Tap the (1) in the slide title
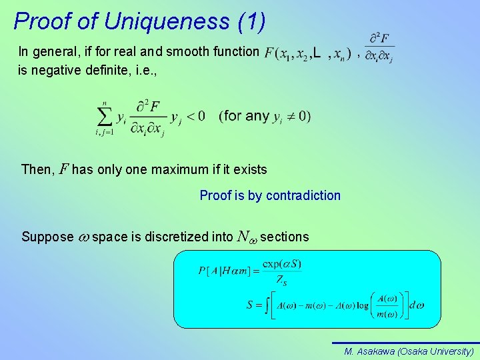click(x=250, y=21)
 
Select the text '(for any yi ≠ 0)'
click(x=265, y=116)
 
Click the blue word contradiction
click(x=303, y=195)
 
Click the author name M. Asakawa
click(x=369, y=351)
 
